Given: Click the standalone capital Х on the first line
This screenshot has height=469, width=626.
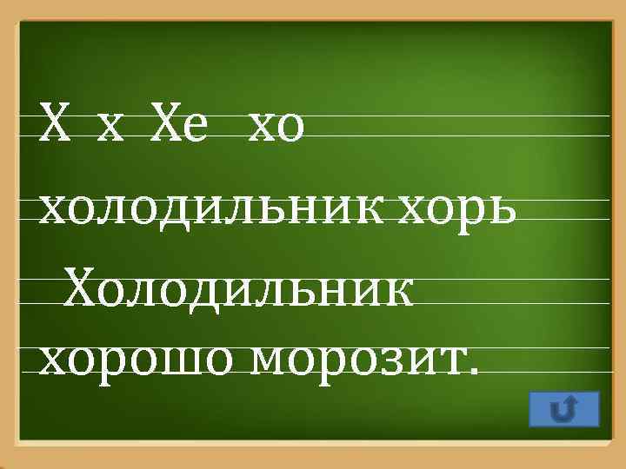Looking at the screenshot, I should click(x=53, y=127).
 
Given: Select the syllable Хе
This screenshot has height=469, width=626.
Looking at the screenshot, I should click(x=179, y=127).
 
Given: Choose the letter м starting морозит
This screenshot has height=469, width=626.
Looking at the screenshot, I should click(x=270, y=358).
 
